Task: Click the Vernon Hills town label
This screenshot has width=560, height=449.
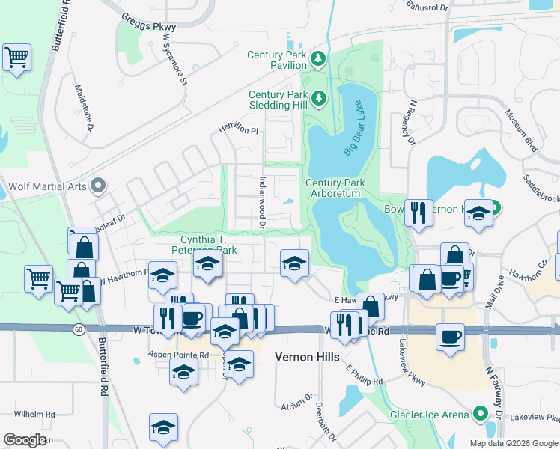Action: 308,358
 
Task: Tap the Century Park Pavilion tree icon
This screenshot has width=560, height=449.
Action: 318,58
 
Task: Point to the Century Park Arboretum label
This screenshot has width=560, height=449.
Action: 334,188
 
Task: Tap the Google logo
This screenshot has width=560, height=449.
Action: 25,440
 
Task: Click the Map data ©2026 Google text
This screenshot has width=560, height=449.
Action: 513,443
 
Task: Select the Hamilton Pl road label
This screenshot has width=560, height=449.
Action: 238,129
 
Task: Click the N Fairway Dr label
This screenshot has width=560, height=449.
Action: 493,381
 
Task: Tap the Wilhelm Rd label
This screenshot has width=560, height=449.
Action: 35,414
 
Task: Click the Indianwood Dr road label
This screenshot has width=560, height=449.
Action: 262,203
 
